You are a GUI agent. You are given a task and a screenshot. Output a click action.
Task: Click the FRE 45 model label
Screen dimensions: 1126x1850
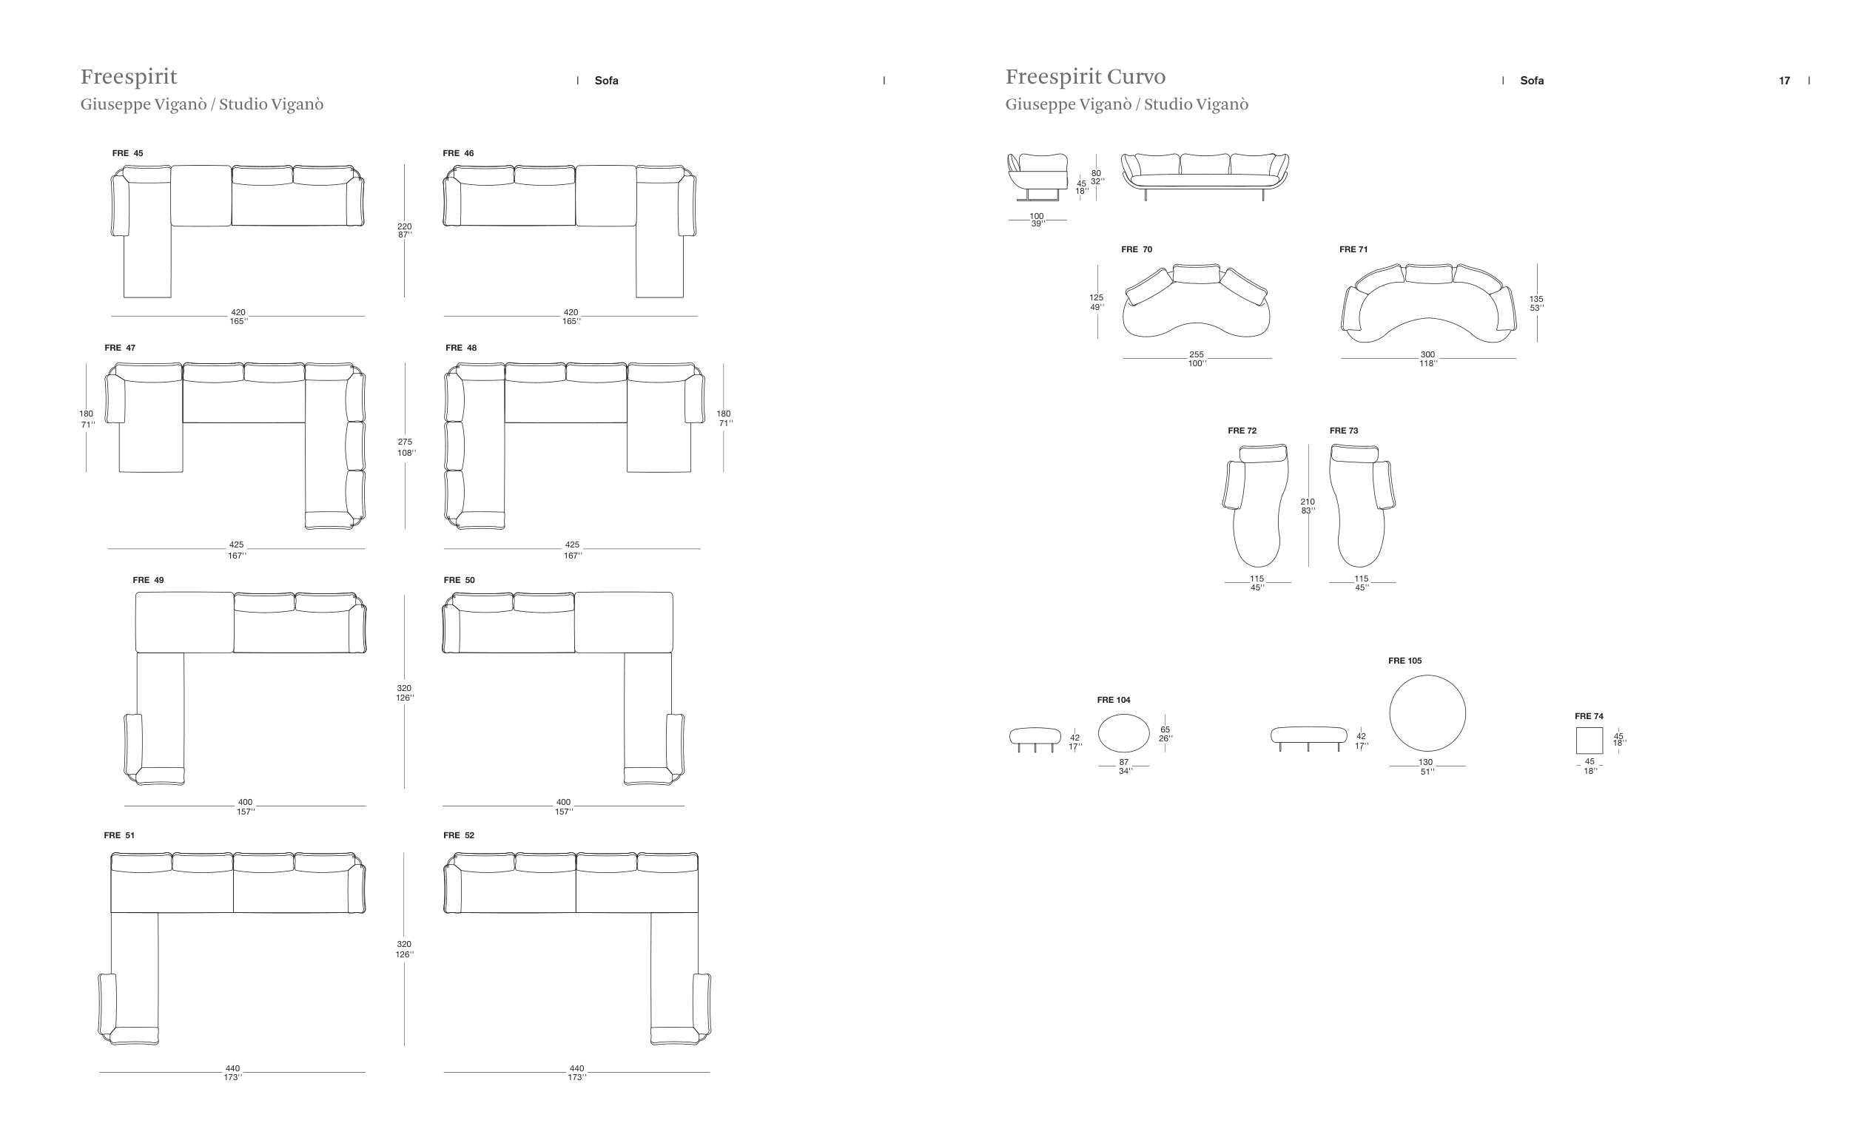pos(127,153)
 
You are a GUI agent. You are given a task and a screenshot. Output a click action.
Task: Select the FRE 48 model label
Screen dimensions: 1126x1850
pos(461,348)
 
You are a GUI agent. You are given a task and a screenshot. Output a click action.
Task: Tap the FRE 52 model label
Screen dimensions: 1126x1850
pos(459,835)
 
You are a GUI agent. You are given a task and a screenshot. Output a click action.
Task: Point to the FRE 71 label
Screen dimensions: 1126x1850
pos(1353,249)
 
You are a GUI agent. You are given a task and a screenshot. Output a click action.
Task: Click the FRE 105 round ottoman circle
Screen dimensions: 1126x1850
pos(1427,713)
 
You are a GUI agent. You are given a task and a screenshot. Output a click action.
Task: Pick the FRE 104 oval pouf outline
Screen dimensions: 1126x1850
pos(1123,732)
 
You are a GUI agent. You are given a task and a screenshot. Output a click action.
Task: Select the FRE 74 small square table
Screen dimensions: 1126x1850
pos(1589,740)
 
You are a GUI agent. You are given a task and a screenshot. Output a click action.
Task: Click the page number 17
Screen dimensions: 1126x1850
pos(1784,81)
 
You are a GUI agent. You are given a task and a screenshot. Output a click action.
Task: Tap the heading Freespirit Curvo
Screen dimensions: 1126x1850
pos(1085,76)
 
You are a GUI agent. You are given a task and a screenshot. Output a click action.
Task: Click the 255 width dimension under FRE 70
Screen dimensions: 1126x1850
pos(1196,355)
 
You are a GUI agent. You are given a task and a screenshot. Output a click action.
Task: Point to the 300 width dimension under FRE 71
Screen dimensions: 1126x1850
pos(1427,355)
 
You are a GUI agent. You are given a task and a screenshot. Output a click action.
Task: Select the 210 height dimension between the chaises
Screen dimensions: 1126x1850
pos(1307,502)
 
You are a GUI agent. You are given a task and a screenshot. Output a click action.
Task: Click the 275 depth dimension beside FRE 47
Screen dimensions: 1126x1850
pos(405,442)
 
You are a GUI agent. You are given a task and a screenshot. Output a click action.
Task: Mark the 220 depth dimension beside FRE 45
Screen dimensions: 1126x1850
pos(404,226)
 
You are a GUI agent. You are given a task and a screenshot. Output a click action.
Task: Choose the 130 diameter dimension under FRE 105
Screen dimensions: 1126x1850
pos(1425,762)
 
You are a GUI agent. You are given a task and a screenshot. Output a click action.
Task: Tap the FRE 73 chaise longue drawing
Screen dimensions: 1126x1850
pos(1359,507)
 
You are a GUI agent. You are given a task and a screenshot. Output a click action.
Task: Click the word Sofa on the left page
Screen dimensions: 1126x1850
pos(606,81)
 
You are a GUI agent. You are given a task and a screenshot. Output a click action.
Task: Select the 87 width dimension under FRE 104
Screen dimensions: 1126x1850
pos(1124,762)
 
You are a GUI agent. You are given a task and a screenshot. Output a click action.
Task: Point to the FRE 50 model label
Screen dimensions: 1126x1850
pos(459,579)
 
